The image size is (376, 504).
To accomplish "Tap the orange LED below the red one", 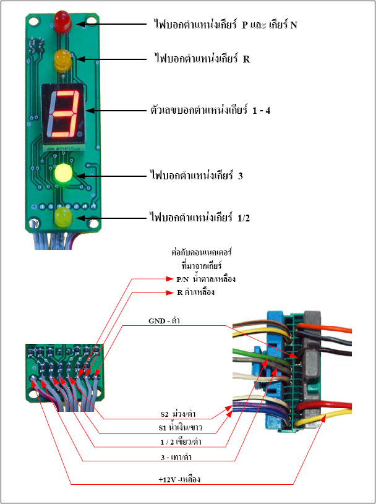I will coord(62,60).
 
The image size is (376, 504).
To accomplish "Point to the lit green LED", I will coord(63,174).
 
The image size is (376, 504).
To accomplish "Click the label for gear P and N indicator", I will coord(226,25).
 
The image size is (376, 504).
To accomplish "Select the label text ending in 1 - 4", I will coord(210,111).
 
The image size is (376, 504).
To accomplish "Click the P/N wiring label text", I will coord(206,280).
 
